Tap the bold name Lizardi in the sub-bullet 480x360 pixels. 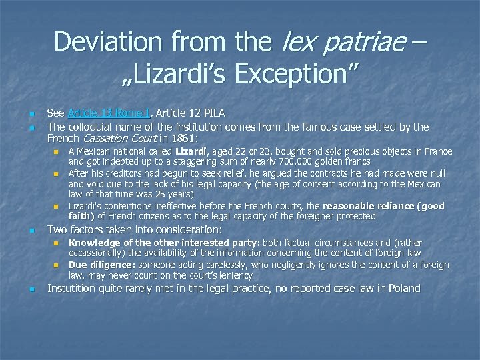pos(190,152)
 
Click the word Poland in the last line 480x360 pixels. pos(404,288)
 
